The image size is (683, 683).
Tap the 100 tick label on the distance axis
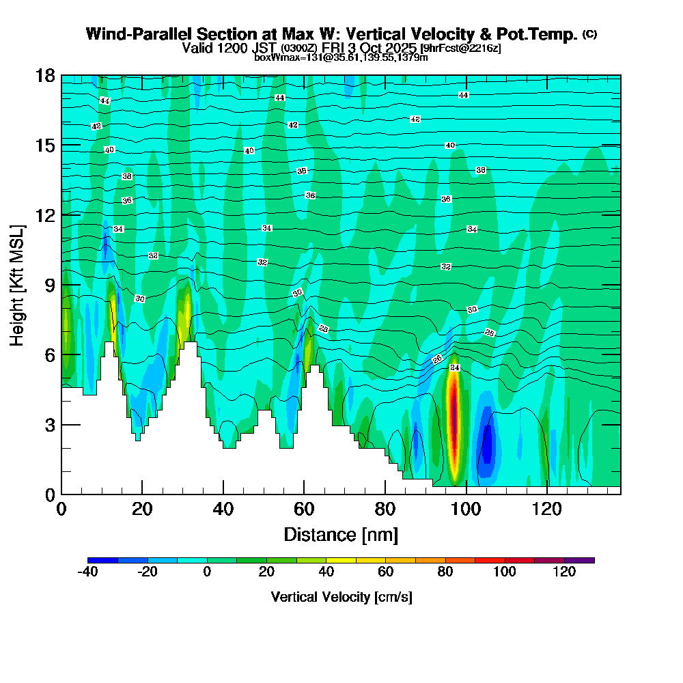[x=465, y=510]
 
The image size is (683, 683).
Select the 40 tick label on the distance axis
[x=223, y=510]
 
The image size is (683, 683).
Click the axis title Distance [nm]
[x=341, y=534]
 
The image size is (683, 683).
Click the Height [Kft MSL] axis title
[x=18, y=284]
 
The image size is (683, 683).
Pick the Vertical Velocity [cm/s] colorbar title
[x=341, y=597]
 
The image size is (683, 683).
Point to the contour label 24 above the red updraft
[x=455, y=368]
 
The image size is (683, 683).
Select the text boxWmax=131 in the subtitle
[x=277, y=57]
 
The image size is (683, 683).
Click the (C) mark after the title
[x=589, y=34]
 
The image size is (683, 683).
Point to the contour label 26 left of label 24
[x=438, y=359]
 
